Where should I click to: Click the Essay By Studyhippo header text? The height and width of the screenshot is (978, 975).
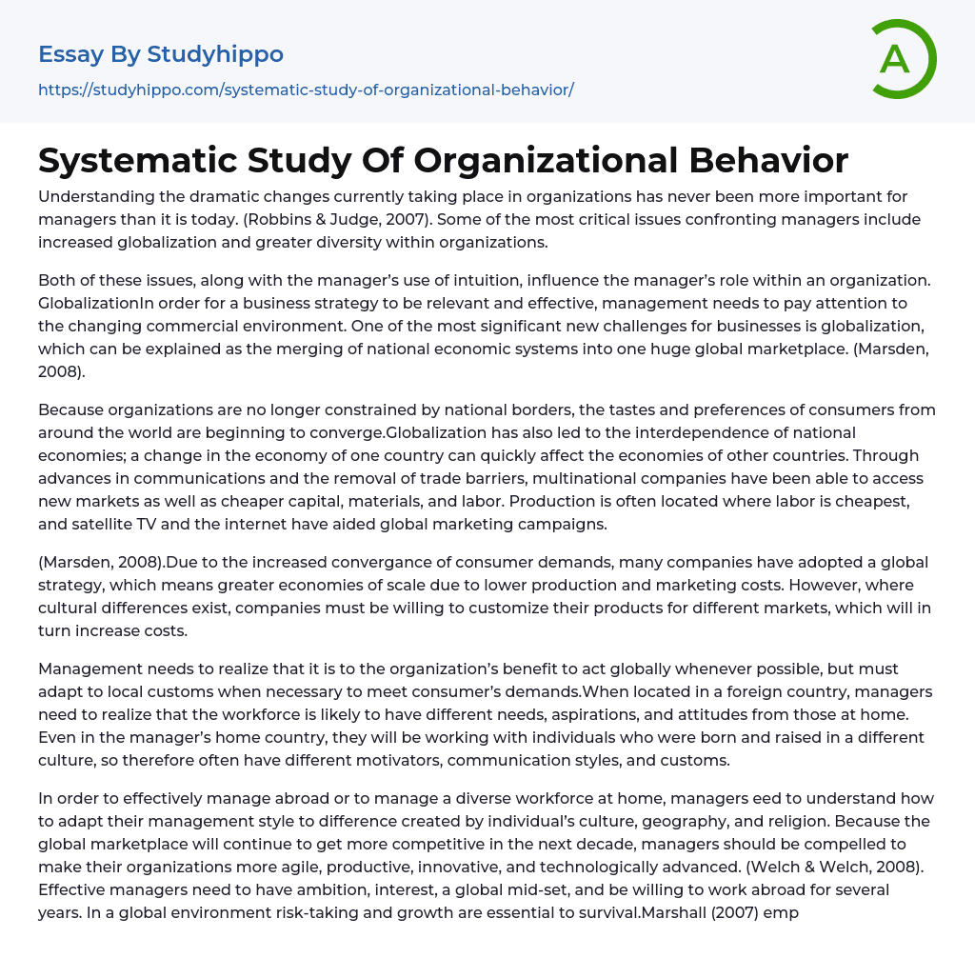click(161, 54)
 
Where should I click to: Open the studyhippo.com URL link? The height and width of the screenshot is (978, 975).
click(306, 90)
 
